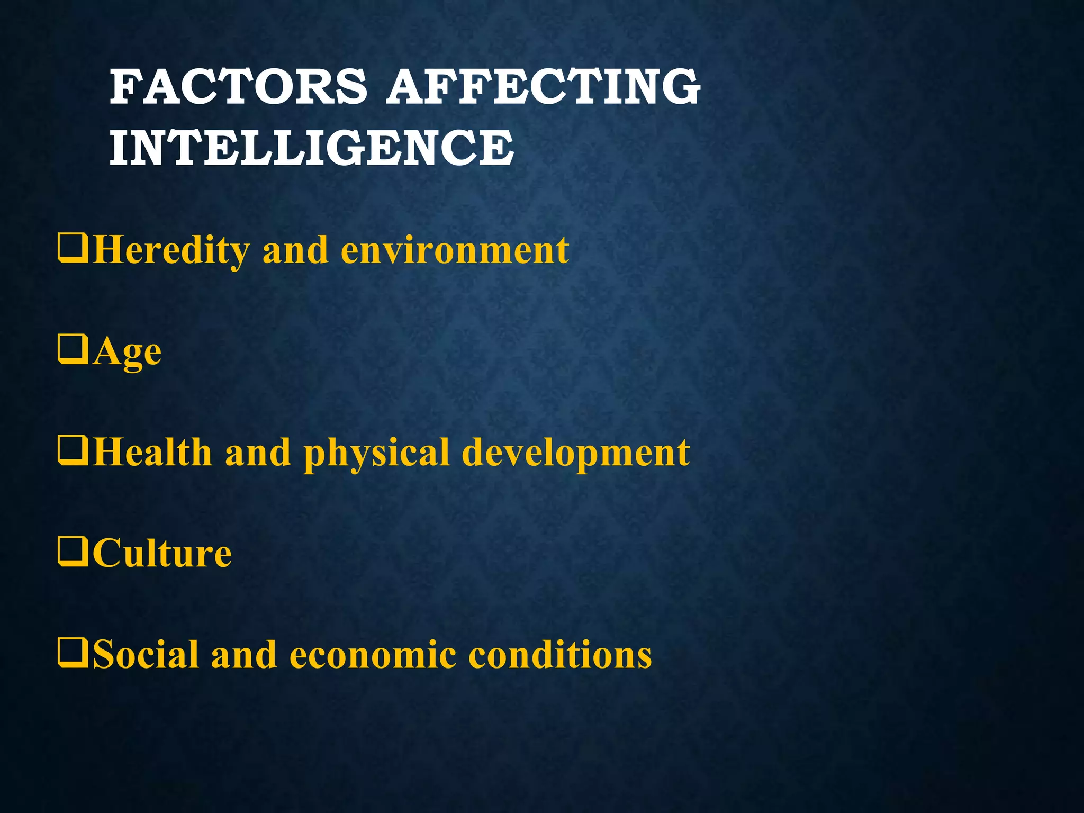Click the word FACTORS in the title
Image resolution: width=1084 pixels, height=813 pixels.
(x=238, y=87)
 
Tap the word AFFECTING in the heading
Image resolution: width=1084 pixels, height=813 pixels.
(x=543, y=87)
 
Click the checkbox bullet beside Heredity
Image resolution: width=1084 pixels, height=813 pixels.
(x=73, y=249)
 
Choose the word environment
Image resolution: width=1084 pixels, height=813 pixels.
(x=455, y=250)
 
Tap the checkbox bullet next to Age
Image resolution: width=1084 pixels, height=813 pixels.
(x=73, y=350)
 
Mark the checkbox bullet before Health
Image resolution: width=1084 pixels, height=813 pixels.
(x=73, y=451)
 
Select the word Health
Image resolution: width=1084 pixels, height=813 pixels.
(x=152, y=453)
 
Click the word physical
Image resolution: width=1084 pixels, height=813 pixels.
(x=376, y=454)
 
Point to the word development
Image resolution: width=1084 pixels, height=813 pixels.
(x=576, y=454)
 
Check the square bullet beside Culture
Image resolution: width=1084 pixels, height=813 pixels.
(x=73, y=553)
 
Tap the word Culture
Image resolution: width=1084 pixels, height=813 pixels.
(x=162, y=554)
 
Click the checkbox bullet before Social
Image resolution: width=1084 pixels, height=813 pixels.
(x=73, y=654)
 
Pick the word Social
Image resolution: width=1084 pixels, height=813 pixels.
(x=146, y=655)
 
